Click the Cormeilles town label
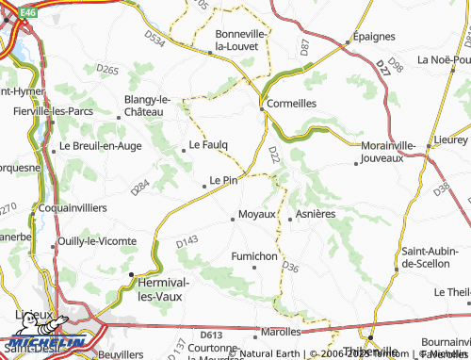click(292, 104)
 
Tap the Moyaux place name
click(257, 214)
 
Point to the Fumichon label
click(254, 255)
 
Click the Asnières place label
click(316, 214)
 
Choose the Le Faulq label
click(208, 145)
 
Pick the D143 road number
click(186, 243)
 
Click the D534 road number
click(156, 39)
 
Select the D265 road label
click(106, 70)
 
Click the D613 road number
click(210, 335)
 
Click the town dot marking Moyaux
click(233, 220)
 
